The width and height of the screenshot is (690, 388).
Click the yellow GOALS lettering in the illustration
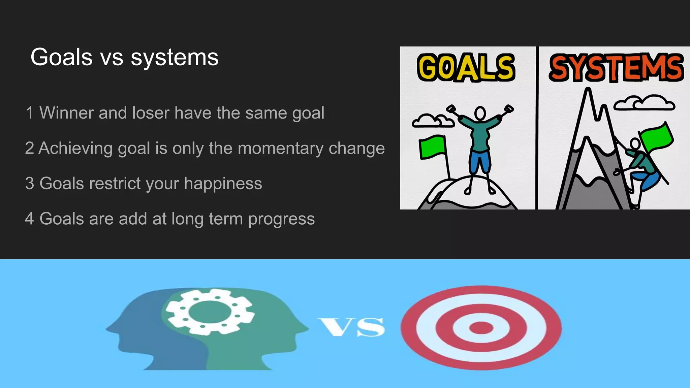point(466,68)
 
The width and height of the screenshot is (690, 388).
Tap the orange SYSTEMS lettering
point(616,68)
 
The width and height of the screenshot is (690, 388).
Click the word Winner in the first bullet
point(66,113)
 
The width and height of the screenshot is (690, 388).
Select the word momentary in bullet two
point(280,148)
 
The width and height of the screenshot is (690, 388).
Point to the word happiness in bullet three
point(223,184)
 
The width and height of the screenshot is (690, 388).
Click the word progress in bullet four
point(281,219)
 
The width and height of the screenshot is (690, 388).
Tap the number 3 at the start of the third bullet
point(30,184)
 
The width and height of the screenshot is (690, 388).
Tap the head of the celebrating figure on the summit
point(480,113)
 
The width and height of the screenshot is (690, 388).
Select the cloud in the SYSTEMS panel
point(644,103)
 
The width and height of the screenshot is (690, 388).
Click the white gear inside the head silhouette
point(209,312)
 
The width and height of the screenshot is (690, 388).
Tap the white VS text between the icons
point(351,327)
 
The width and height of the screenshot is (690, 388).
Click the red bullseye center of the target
point(481,328)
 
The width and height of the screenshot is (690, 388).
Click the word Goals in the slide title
point(61,57)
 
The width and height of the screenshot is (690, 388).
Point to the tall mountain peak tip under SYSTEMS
point(588,90)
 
